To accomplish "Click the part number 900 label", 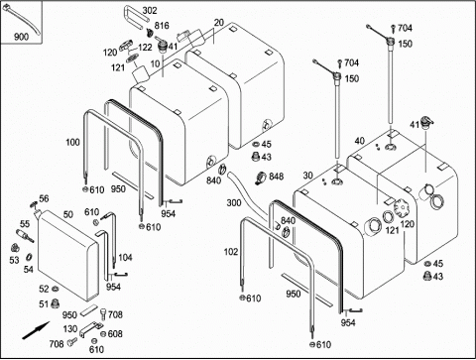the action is pyautogui.click(x=21, y=37).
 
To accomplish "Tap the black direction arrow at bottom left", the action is pyautogui.click(x=36, y=330).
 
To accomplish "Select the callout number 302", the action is pyautogui.click(x=150, y=11).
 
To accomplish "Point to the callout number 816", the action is pyautogui.click(x=162, y=26).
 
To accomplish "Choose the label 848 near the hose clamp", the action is pyautogui.click(x=276, y=177).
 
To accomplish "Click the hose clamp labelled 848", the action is pyautogui.click(x=261, y=179).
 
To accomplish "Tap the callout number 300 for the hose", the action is pyautogui.click(x=234, y=202).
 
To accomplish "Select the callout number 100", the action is pyautogui.click(x=72, y=142).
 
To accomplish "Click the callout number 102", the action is pyautogui.click(x=231, y=252).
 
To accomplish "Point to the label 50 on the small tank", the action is pyautogui.click(x=68, y=214).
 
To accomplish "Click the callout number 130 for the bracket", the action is pyautogui.click(x=70, y=329).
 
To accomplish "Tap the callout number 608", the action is pyautogui.click(x=115, y=334).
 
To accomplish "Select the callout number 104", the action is pyautogui.click(x=125, y=257).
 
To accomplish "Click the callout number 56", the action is pyautogui.click(x=44, y=198).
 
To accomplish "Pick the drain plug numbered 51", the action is pyautogui.click(x=55, y=303).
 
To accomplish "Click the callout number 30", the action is pyautogui.click(x=307, y=176).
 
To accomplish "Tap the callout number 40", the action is pyautogui.click(x=360, y=141).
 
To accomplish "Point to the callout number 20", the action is pyautogui.click(x=219, y=23).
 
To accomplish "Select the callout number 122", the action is pyautogui.click(x=145, y=48).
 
